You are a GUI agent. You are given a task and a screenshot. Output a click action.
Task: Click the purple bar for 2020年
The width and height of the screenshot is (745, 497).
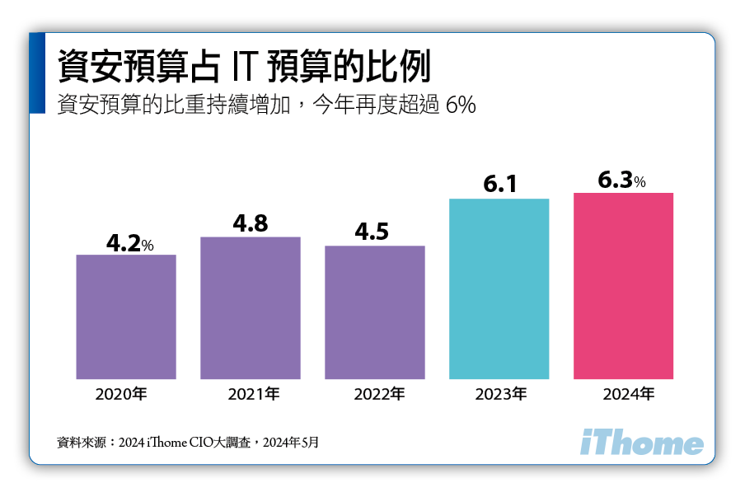click(126, 316)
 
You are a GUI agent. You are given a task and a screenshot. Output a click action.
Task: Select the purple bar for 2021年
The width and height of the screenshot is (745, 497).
click(251, 307)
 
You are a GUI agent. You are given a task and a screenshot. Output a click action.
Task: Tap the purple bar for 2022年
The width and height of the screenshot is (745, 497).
click(375, 312)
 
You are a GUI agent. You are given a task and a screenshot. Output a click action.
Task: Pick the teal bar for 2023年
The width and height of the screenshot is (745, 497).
click(499, 288)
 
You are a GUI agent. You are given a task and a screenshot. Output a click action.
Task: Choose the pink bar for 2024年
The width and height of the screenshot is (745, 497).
click(623, 286)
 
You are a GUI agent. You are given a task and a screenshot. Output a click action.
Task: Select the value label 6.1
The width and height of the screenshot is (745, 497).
click(499, 185)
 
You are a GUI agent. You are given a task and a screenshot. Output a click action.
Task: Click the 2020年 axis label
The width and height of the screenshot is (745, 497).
click(126, 394)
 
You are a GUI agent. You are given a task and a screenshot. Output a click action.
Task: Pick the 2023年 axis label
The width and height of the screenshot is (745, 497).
click(500, 394)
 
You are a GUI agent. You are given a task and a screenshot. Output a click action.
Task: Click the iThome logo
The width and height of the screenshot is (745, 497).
click(641, 443)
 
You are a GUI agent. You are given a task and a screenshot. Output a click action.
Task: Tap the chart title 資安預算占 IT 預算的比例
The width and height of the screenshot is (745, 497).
click(243, 66)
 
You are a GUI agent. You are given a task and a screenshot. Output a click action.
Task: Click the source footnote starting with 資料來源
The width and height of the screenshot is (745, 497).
click(187, 443)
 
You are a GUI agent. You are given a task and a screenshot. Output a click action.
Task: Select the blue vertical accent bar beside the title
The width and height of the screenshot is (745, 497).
click(37, 73)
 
